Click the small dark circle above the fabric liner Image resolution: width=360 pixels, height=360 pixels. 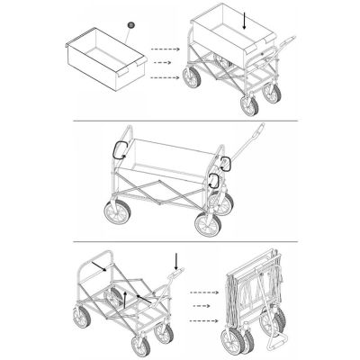(x=130, y=25)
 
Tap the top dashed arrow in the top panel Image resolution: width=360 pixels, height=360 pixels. (x=162, y=48)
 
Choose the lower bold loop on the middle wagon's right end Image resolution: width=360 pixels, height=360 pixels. (x=216, y=180)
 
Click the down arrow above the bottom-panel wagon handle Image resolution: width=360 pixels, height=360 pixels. (x=176, y=261)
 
